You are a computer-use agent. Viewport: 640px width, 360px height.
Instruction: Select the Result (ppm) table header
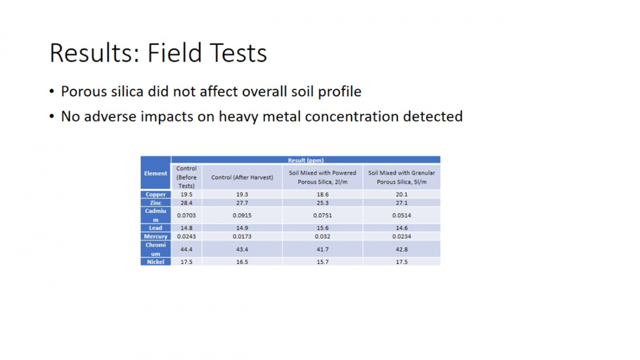click(x=306, y=160)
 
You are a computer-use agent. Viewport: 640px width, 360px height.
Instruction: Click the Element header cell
click(x=156, y=173)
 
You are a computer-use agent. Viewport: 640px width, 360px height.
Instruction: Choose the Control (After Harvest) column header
click(x=242, y=177)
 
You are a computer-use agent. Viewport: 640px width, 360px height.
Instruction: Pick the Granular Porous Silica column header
click(x=402, y=177)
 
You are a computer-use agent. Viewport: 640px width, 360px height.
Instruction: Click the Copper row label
click(x=156, y=194)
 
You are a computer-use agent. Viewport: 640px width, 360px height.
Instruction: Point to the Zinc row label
click(x=156, y=202)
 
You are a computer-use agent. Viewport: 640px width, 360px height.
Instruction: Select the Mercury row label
click(x=156, y=236)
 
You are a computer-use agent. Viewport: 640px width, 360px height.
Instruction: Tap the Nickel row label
click(x=156, y=262)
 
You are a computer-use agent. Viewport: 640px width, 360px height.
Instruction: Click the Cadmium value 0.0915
click(x=242, y=215)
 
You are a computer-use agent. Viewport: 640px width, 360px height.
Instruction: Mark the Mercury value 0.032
click(x=323, y=236)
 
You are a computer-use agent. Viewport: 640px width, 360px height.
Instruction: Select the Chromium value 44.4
click(x=187, y=249)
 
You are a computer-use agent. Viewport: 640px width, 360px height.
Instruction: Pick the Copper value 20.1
click(x=402, y=194)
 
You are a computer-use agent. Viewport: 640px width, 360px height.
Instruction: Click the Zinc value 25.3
click(x=323, y=202)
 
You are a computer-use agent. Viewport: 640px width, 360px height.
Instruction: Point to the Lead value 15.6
click(x=323, y=228)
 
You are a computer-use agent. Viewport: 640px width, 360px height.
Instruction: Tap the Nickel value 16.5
click(x=242, y=262)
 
